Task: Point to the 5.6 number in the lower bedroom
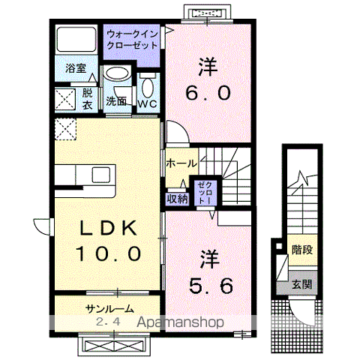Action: pyautogui.click(x=210, y=285)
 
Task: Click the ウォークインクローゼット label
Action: pyautogui.click(x=132, y=40)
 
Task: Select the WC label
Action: pyautogui.click(x=146, y=104)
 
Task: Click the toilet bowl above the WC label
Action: pyautogui.click(x=146, y=84)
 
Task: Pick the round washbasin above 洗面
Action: pyautogui.click(x=115, y=74)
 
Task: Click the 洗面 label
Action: pyautogui.click(x=115, y=100)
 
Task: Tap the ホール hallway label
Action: pyautogui.click(x=181, y=163)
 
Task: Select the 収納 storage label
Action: pyautogui.click(x=177, y=199)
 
